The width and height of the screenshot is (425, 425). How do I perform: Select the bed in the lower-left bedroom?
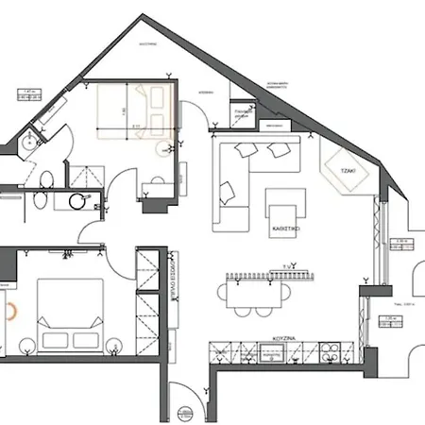[x=69, y=315]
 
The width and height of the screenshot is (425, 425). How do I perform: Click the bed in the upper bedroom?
[x=137, y=111]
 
